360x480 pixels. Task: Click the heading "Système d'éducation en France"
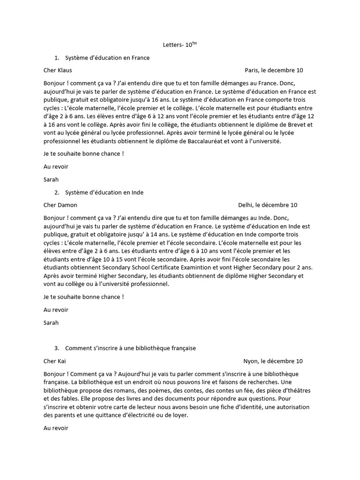(107, 58)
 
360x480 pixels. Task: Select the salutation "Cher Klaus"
(58, 70)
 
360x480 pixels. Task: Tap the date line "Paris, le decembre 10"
(274, 70)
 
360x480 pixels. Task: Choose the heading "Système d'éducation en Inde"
(105, 192)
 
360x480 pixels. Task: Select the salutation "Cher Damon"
(60, 205)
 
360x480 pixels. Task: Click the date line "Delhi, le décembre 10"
(268, 205)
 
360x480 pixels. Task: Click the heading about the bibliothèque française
(130, 348)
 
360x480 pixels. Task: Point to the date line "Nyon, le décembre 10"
(273, 361)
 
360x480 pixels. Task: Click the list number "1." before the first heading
(57, 58)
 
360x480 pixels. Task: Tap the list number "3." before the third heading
(57, 348)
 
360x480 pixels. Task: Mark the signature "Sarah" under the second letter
(51, 322)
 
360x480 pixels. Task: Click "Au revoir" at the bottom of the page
(56, 428)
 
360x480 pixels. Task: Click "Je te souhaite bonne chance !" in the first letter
(84, 153)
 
